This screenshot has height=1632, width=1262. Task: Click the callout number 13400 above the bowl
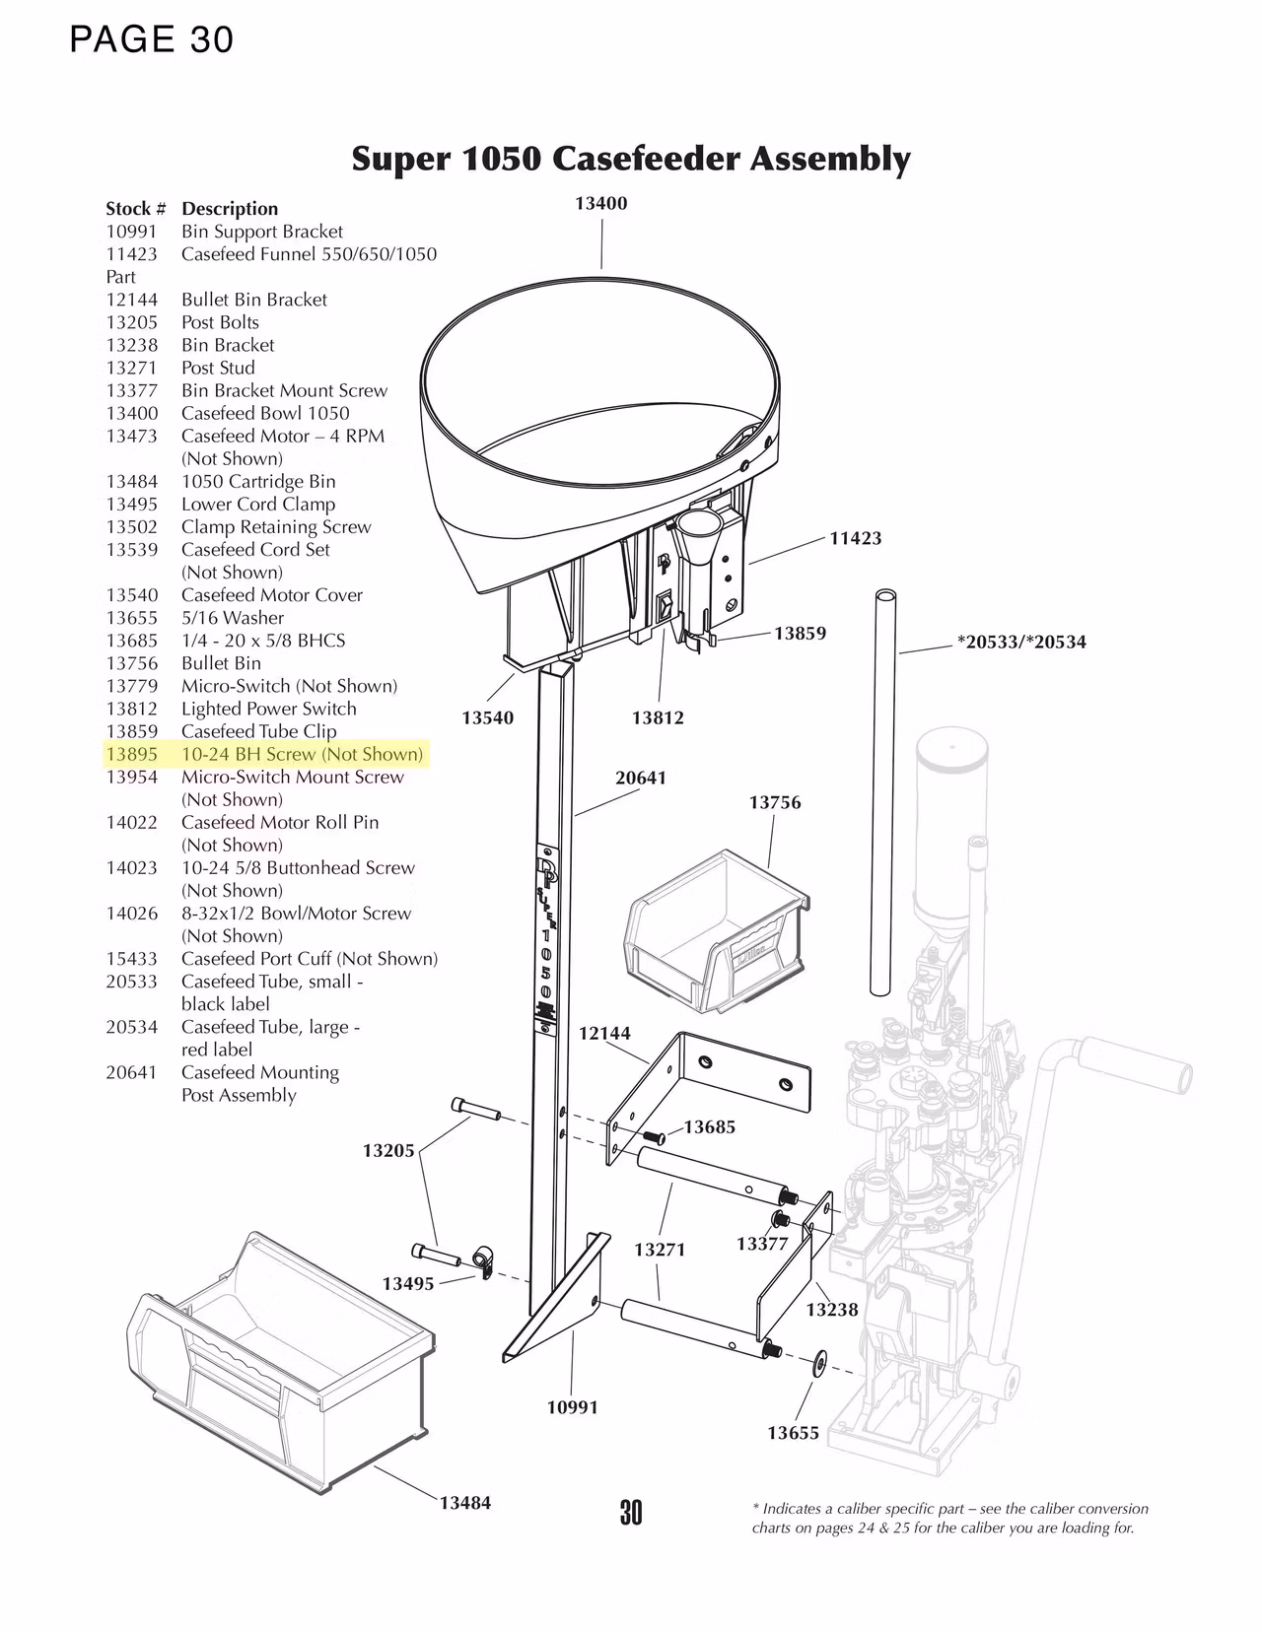point(600,203)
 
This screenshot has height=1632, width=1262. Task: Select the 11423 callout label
point(855,538)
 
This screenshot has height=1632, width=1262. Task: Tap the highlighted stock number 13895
point(131,754)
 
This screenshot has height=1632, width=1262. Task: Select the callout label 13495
point(408,1283)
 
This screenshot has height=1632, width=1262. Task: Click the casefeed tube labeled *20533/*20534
point(880,788)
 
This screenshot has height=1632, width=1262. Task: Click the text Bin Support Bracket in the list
point(262,232)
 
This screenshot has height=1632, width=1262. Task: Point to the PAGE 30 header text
point(152,39)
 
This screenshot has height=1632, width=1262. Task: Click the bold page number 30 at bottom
point(631,1512)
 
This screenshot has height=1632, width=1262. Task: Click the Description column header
point(230,209)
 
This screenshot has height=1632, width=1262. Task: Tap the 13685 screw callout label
point(710,1126)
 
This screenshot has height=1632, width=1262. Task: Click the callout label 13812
point(658,717)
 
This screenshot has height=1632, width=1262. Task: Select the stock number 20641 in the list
point(131,1072)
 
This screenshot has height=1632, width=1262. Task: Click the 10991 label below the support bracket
point(573,1407)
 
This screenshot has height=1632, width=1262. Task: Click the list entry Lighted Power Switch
point(268,709)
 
